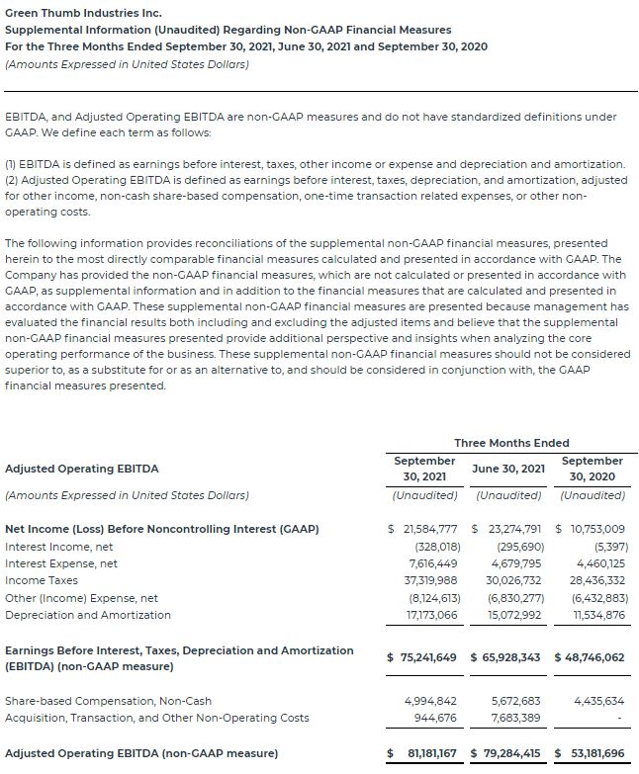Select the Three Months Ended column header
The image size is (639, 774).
(x=511, y=442)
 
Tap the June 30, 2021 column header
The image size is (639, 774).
(x=508, y=469)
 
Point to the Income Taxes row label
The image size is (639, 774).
(x=42, y=580)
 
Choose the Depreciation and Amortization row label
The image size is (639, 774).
(x=88, y=615)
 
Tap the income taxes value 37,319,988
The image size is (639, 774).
(x=429, y=580)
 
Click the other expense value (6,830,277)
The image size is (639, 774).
(x=515, y=598)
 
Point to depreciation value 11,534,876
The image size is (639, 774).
(x=597, y=615)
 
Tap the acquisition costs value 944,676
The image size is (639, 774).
(x=434, y=718)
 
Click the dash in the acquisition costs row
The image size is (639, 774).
(x=618, y=719)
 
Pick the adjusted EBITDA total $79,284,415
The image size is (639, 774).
(x=506, y=753)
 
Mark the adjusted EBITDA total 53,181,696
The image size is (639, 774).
(x=594, y=753)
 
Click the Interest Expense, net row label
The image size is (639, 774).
(x=61, y=563)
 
